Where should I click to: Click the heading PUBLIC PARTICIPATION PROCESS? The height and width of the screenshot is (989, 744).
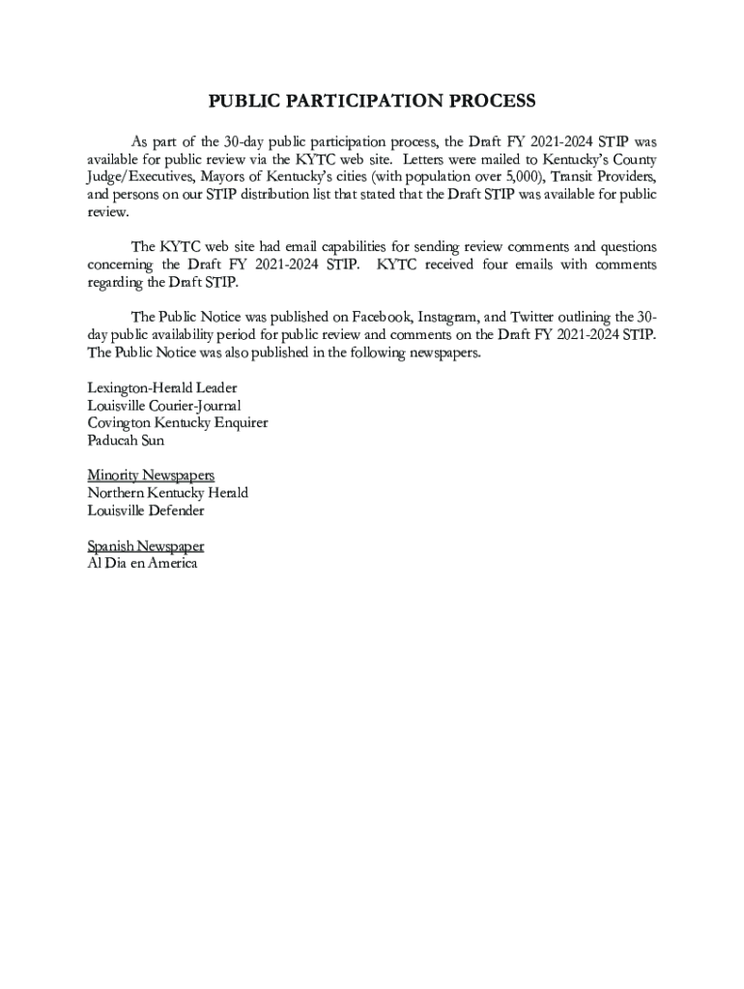(x=372, y=101)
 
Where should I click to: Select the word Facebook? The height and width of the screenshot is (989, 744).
(x=385, y=317)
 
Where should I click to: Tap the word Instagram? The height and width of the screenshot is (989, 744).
(x=451, y=317)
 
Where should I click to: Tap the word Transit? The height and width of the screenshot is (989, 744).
(x=574, y=176)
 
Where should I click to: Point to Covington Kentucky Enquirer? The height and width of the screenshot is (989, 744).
(x=177, y=422)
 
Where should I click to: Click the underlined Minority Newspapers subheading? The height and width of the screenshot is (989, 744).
(x=150, y=475)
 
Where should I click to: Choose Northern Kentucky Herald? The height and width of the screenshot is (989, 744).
(x=167, y=493)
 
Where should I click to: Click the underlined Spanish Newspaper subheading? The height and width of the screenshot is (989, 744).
(x=145, y=546)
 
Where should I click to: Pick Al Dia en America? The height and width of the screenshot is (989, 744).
(x=142, y=563)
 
